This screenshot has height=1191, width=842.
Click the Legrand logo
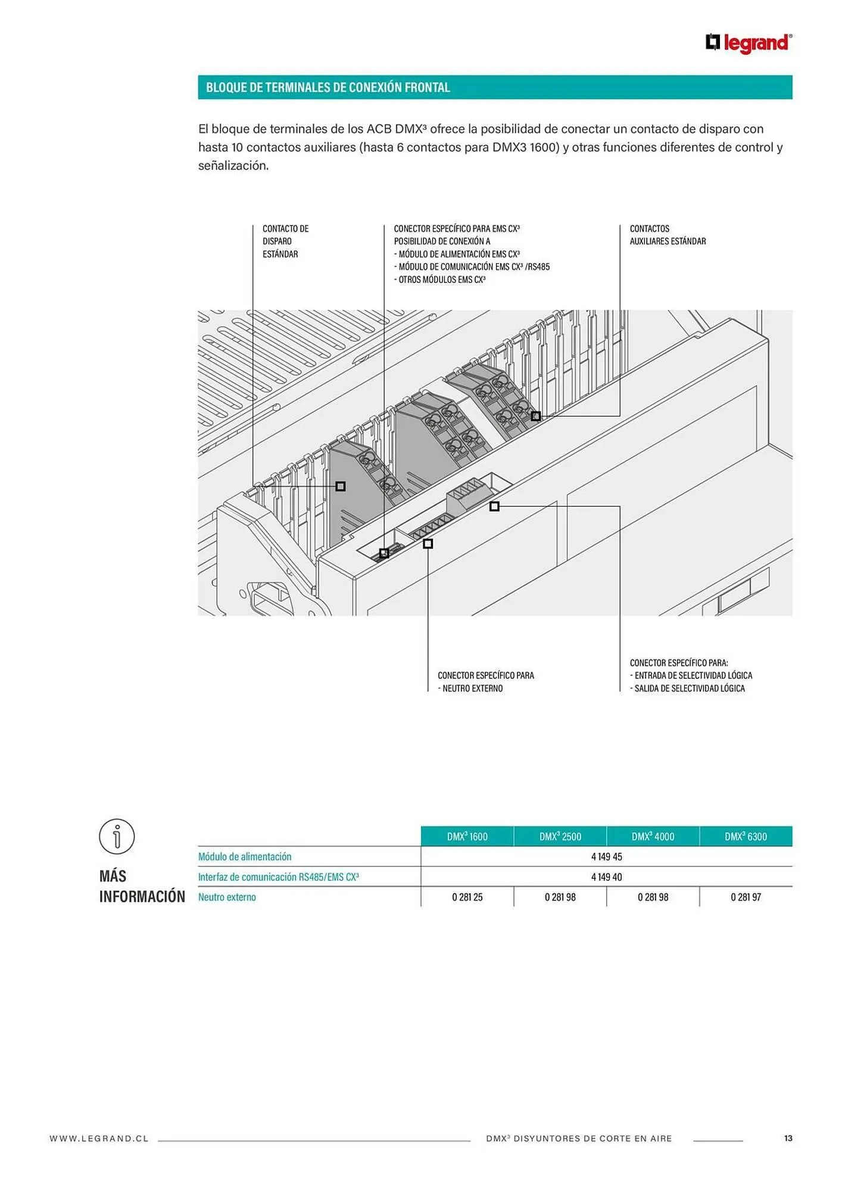(x=749, y=43)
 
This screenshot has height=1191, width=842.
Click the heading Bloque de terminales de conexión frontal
(x=328, y=88)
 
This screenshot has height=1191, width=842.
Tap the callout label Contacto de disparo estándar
(x=285, y=241)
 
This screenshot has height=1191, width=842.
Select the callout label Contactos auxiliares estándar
(x=667, y=235)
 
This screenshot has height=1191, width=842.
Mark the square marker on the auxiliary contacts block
(x=536, y=416)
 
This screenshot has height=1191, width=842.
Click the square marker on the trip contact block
(x=341, y=487)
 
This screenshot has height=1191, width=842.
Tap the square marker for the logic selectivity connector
(x=494, y=506)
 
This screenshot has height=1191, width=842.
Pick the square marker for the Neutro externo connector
(x=428, y=544)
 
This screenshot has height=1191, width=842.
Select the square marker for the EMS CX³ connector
(x=384, y=553)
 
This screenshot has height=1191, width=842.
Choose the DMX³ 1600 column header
(x=467, y=837)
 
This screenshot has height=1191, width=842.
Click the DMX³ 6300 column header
(x=746, y=837)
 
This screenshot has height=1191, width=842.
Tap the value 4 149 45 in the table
(x=606, y=857)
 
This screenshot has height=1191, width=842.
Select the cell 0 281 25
(x=467, y=897)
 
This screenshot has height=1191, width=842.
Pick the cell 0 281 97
(x=746, y=897)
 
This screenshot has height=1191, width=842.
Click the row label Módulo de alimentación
(x=245, y=857)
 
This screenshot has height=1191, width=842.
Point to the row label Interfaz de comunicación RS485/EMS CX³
(x=278, y=877)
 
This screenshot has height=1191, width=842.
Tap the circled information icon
(x=117, y=836)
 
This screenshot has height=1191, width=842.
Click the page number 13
(x=788, y=1139)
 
